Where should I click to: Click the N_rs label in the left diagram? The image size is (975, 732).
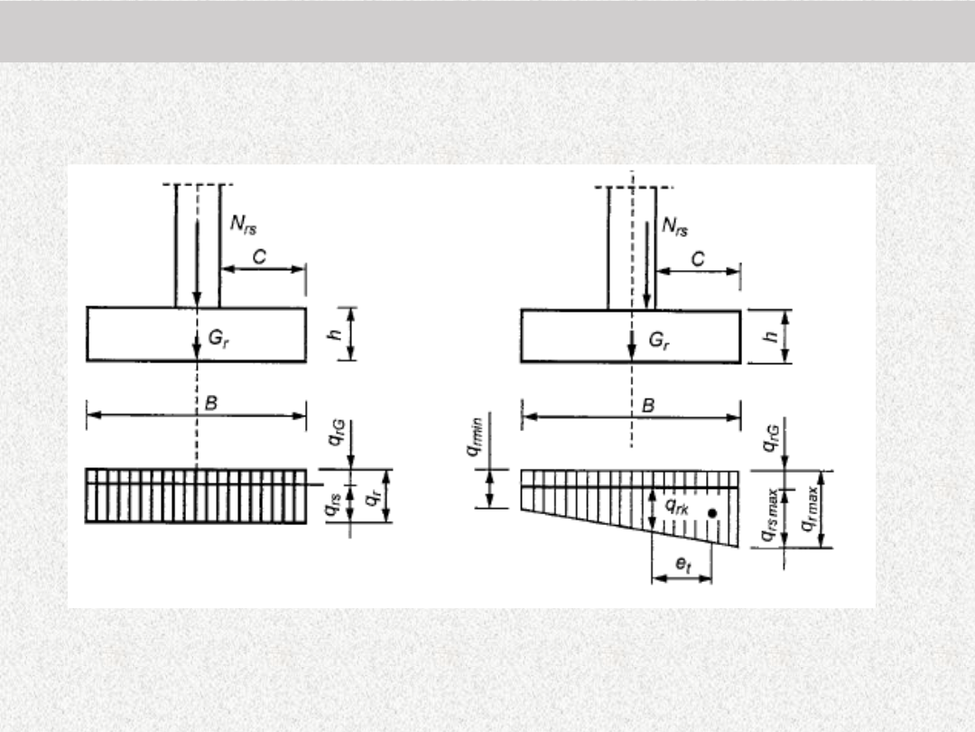point(243,225)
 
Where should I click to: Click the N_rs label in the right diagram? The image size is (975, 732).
point(675,227)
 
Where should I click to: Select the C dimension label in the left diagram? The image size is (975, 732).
point(259,257)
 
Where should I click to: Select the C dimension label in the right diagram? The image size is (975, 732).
point(698,259)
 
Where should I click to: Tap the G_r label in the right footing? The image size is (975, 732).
point(659,341)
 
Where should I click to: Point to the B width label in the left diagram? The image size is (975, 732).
point(211,403)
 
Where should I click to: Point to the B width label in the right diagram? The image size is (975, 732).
point(648,406)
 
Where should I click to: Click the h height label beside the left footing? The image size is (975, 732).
point(335,334)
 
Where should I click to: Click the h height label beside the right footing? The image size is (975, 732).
point(771,336)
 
